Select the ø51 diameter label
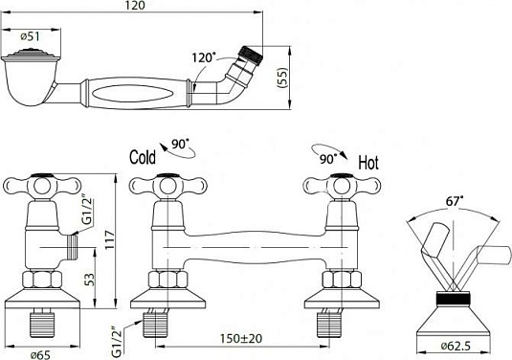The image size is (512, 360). coord(30,36)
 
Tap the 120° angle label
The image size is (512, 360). coord(204,57)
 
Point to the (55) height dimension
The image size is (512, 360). coord(282,78)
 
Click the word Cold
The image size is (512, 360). coord(143,157)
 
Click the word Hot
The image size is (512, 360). coord(368,163)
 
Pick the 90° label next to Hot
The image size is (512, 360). coord(328,159)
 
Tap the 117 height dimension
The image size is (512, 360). coord(110,239)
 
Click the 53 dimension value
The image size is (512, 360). coord(89,280)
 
